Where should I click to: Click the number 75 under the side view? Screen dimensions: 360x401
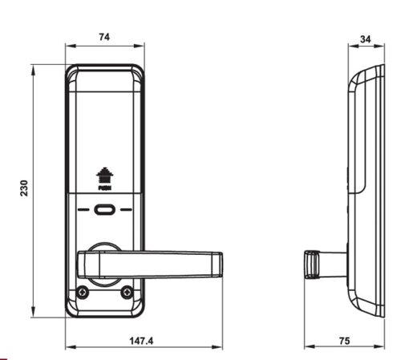pos(344,340)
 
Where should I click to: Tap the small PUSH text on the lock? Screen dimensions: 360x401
pos(103,189)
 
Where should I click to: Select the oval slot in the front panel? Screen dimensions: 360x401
pos(104,212)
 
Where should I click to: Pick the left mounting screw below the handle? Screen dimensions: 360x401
pos(83,293)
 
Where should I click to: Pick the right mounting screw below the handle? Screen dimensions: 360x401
pos(126,293)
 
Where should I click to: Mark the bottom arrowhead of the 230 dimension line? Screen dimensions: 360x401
pos(34,316)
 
